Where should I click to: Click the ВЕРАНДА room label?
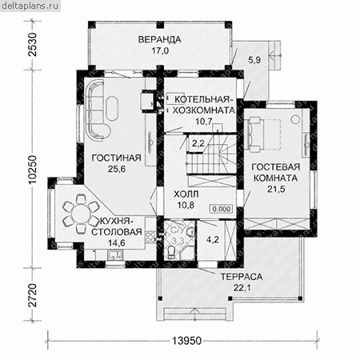click(x=159, y=39)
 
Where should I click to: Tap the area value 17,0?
click(x=161, y=50)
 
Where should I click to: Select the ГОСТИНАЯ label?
click(x=117, y=158)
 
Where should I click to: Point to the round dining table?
click(x=81, y=214)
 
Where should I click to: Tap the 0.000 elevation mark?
click(x=222, y=209)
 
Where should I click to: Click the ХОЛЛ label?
click(x=186, y=194)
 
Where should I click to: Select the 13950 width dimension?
click(x=186, y=341)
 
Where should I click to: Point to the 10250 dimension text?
click(x=33, y=170)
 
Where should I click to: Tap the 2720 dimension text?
click(x=33, y=295)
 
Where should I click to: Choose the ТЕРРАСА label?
click(x=242, y=277)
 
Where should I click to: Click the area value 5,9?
click(x=254, y=60)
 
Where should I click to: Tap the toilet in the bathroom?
click(x=171, y=252)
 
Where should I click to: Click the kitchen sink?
click(x=115, y=254)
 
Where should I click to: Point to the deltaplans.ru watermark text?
click(x=30, y=6)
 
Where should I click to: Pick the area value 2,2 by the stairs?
click(x=198, y=143)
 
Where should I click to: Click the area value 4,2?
click(x=213, y=239)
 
